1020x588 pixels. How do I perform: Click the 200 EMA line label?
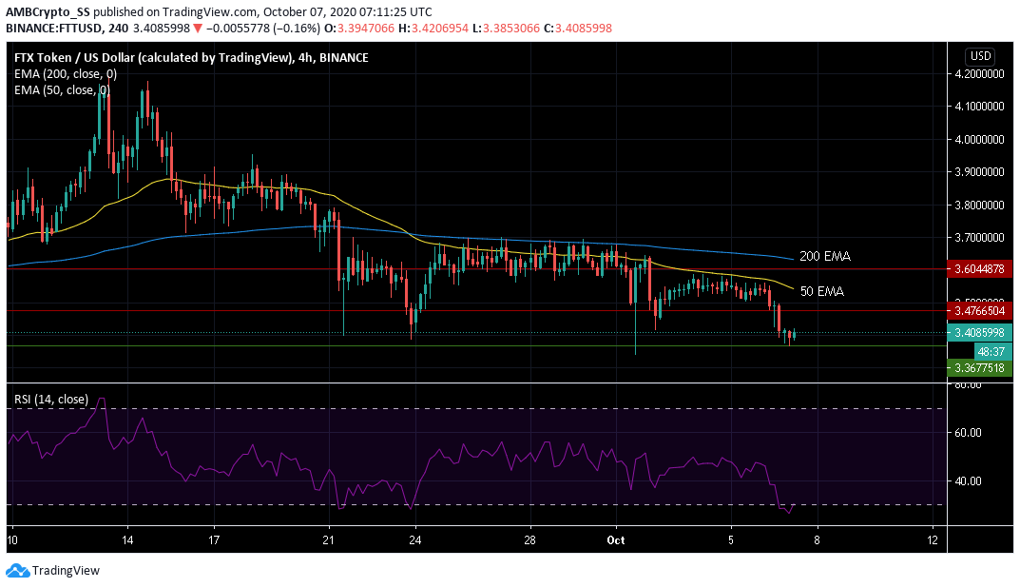pyautogui.click(x=823, y=257)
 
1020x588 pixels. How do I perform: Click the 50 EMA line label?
pyautogui.click(x=820, y=290)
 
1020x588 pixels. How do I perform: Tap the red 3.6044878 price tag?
pyautogui.click(x=980, y=269)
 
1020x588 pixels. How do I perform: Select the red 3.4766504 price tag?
pyautogui.click(x=980, y=310)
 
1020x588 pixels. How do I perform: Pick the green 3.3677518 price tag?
pyautogui.click(x=980, y=367)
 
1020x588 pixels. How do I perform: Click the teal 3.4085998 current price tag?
pyautogui.click(x=980, y=333)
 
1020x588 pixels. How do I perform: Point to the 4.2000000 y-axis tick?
pyautogui.click(x=979, y=73)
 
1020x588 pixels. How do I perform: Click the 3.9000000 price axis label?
pyautogui.click(x=979, y=172)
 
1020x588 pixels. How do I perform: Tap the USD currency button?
pyautogui.click(x=979, y=56)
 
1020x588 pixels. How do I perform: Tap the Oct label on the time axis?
pyautogui.click(x=616, y=539)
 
